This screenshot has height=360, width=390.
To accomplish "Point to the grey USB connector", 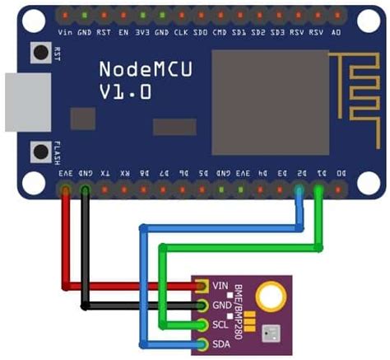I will click(14, 103).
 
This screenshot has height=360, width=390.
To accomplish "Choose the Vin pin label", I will click(66, 33).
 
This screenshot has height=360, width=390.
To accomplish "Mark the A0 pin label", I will click(336, 33).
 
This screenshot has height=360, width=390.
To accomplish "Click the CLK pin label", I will click(181, 33).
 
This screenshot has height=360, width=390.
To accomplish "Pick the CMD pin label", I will click(220, 33).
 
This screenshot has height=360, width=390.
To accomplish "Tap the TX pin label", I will click(104, 174).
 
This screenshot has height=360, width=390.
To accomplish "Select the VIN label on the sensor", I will click(220, 286).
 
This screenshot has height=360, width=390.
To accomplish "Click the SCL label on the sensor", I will click(220, 325).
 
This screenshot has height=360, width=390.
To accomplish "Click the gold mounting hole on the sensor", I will click(269, 295).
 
